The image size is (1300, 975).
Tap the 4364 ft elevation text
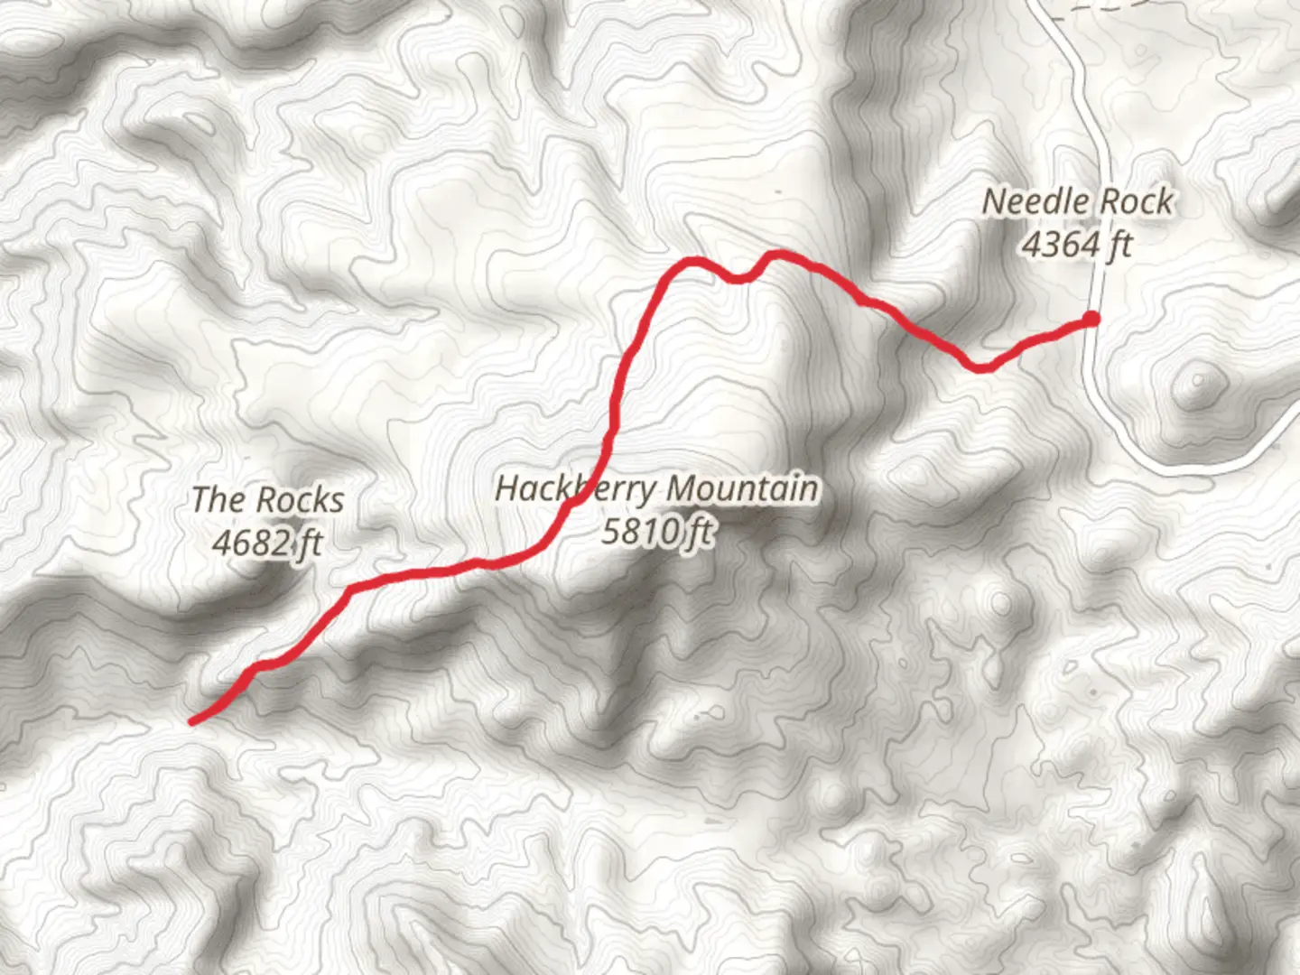click(1076, 244)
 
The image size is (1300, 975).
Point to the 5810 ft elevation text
click(657, 532)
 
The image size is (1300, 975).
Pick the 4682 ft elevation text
click(267, 543)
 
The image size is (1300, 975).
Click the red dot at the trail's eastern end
click(1091, 318)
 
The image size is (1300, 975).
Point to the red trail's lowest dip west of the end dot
click(980, 367)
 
